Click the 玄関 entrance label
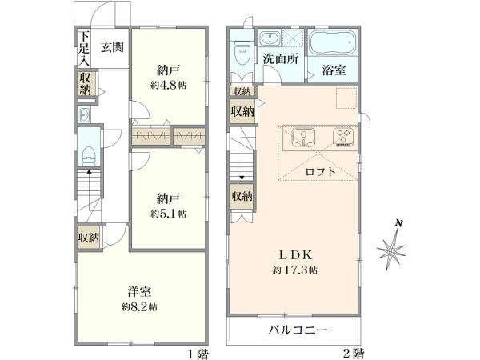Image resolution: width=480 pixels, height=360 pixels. [x=112, y=47]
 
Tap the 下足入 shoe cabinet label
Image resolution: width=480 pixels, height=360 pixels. [x=84, y=48]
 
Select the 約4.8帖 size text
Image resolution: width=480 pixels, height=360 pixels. [x=168, y=85]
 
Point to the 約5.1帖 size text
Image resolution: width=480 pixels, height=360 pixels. [x=168, y=213]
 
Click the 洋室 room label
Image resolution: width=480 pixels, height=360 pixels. [x=139, y=291]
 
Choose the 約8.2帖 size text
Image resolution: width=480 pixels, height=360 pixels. [x=139, y=306]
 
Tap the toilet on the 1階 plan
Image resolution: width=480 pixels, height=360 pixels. [x=89, y=155]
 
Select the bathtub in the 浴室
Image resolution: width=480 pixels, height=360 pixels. [x=333, y=42]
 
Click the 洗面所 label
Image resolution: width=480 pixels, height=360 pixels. [x=281, y=58]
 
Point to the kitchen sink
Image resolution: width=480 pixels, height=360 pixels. [x=303, y=136]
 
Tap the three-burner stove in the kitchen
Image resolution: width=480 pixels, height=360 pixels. [x=343, y=136]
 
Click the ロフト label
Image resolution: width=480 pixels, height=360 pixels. [x=321, y=172]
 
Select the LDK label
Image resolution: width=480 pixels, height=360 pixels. [x=294, y=254]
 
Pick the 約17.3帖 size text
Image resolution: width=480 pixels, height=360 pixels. [x=294, y=270]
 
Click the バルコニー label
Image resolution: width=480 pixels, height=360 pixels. [x=298, y=330]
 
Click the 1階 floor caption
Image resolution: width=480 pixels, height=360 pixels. [x=198, y=354]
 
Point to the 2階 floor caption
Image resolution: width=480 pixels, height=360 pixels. [x=354, y=354]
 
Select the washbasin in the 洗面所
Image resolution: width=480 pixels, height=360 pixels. [x=270, y=38]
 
